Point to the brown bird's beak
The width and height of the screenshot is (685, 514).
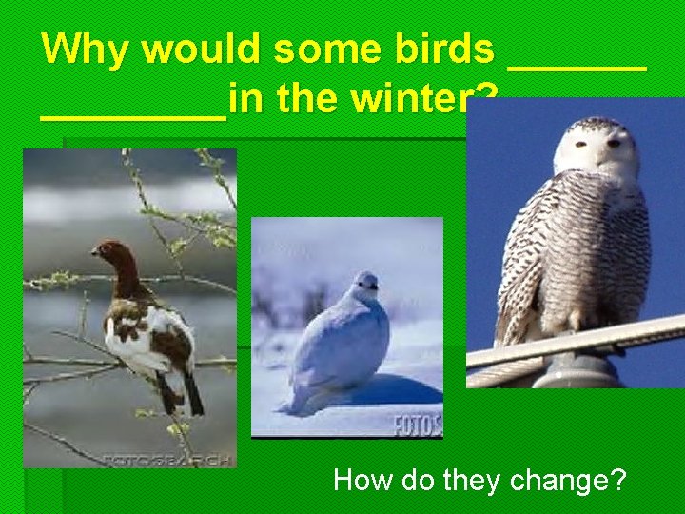(x=94, y=252)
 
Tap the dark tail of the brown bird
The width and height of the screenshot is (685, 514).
(x=191, y=390)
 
